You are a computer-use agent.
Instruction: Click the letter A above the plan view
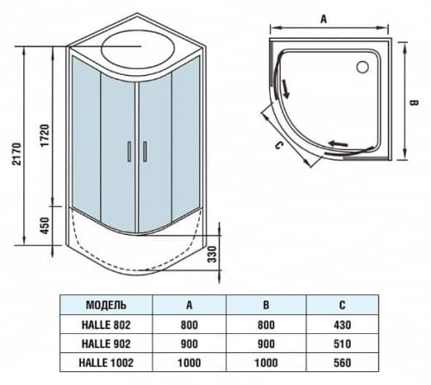[x=324, y=16]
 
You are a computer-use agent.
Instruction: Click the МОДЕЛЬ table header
[x=108, y=306]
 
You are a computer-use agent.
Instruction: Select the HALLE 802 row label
[x=108, y=325]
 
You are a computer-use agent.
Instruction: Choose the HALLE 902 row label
[x=108, y=343]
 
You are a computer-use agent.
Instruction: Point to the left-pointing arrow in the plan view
[x=338, y=143]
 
